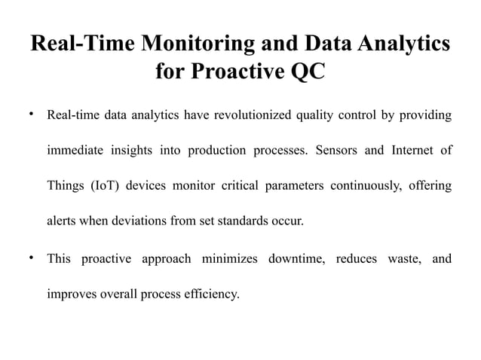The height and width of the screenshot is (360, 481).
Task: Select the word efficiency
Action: (214, 294)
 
